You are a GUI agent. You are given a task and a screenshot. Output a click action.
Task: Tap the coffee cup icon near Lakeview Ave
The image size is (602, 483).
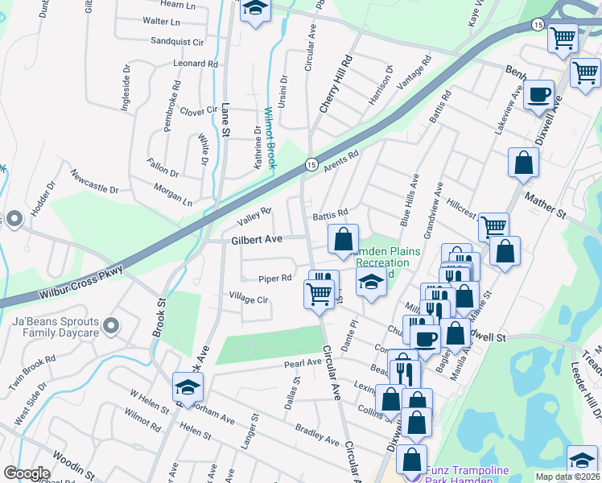point(538,95)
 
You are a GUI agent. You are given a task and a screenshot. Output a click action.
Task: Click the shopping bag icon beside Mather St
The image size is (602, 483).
point(523,163)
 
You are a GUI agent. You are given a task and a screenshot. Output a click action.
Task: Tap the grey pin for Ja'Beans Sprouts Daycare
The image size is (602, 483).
point(111,327)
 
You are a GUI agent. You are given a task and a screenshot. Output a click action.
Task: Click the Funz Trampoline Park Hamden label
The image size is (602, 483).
point(471,471)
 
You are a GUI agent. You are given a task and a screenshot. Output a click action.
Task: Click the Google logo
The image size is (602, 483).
point(27,473)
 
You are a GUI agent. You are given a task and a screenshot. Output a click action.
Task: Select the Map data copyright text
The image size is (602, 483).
point(568,477)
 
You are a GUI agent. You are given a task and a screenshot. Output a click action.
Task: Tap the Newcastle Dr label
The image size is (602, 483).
point(94,181)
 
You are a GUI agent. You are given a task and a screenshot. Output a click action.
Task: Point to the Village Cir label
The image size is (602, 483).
point(249,299)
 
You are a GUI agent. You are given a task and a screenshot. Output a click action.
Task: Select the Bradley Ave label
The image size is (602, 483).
point(316,435)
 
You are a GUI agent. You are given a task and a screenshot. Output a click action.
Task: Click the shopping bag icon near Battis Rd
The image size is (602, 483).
point(343,238)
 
